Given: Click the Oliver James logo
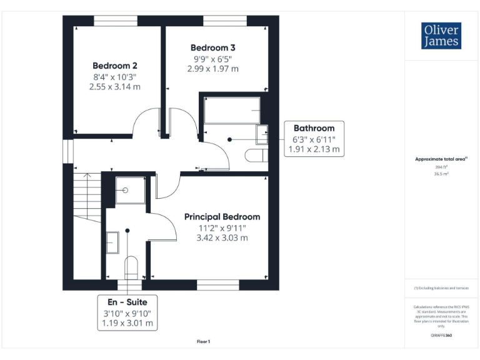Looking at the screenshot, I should coord(441,36).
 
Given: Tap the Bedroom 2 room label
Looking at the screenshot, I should coord(114,66).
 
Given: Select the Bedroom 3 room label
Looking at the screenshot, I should coord(212,47).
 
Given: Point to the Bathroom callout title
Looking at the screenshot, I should coord(314,127).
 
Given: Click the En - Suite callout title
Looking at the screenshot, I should coord(127,302).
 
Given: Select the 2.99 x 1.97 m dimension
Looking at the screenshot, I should coord(212,69).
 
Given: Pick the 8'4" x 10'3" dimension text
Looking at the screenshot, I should coord(114,77).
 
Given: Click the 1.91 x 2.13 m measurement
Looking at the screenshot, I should coord(314,149).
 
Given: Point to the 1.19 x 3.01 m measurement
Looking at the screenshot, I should coord(127,323).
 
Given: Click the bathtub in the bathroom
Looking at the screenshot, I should coord(232,111).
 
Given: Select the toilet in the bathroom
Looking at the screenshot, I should coord(257,155).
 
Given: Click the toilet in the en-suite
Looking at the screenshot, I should coord(131,267).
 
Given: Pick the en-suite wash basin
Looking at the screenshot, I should coord(112,242).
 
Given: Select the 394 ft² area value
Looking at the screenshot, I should coord(441,167).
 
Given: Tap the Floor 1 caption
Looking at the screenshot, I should coord(203,341).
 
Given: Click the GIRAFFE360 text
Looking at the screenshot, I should coord(441,336).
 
